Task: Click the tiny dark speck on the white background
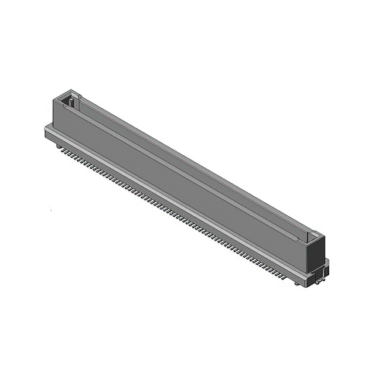pos(50,210)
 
